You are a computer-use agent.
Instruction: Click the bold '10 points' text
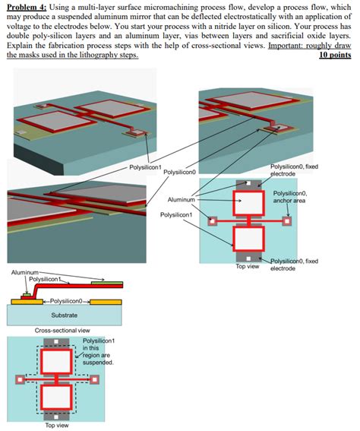[x=335, y=55]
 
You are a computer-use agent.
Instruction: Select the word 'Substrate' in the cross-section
[x=63, y=314]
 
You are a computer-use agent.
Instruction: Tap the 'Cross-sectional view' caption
[x=62, y=331]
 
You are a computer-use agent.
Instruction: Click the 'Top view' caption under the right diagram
[x=247, y=267]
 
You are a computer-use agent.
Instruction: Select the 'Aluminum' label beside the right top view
[x=181, y=199]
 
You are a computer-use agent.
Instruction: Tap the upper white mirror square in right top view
[x=248, y=204]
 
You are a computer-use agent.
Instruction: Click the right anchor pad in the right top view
[x=286, y=221]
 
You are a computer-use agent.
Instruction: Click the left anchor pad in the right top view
[x=213, y=221]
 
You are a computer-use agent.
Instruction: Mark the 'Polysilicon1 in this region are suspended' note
[x=96, y=351]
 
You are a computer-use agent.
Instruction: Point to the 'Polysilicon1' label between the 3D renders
[x=145, y=166]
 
